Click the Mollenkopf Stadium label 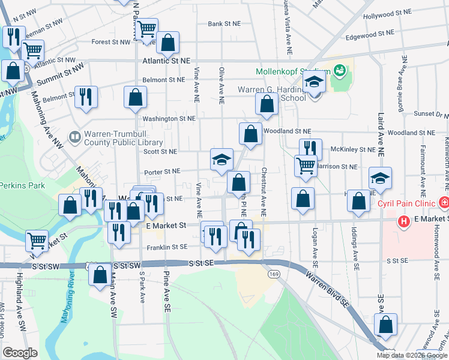click(290, 71)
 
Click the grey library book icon click(74, 137)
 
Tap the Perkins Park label click(23, 185)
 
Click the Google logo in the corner click(20, 352)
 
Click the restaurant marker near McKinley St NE click(310, 148)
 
